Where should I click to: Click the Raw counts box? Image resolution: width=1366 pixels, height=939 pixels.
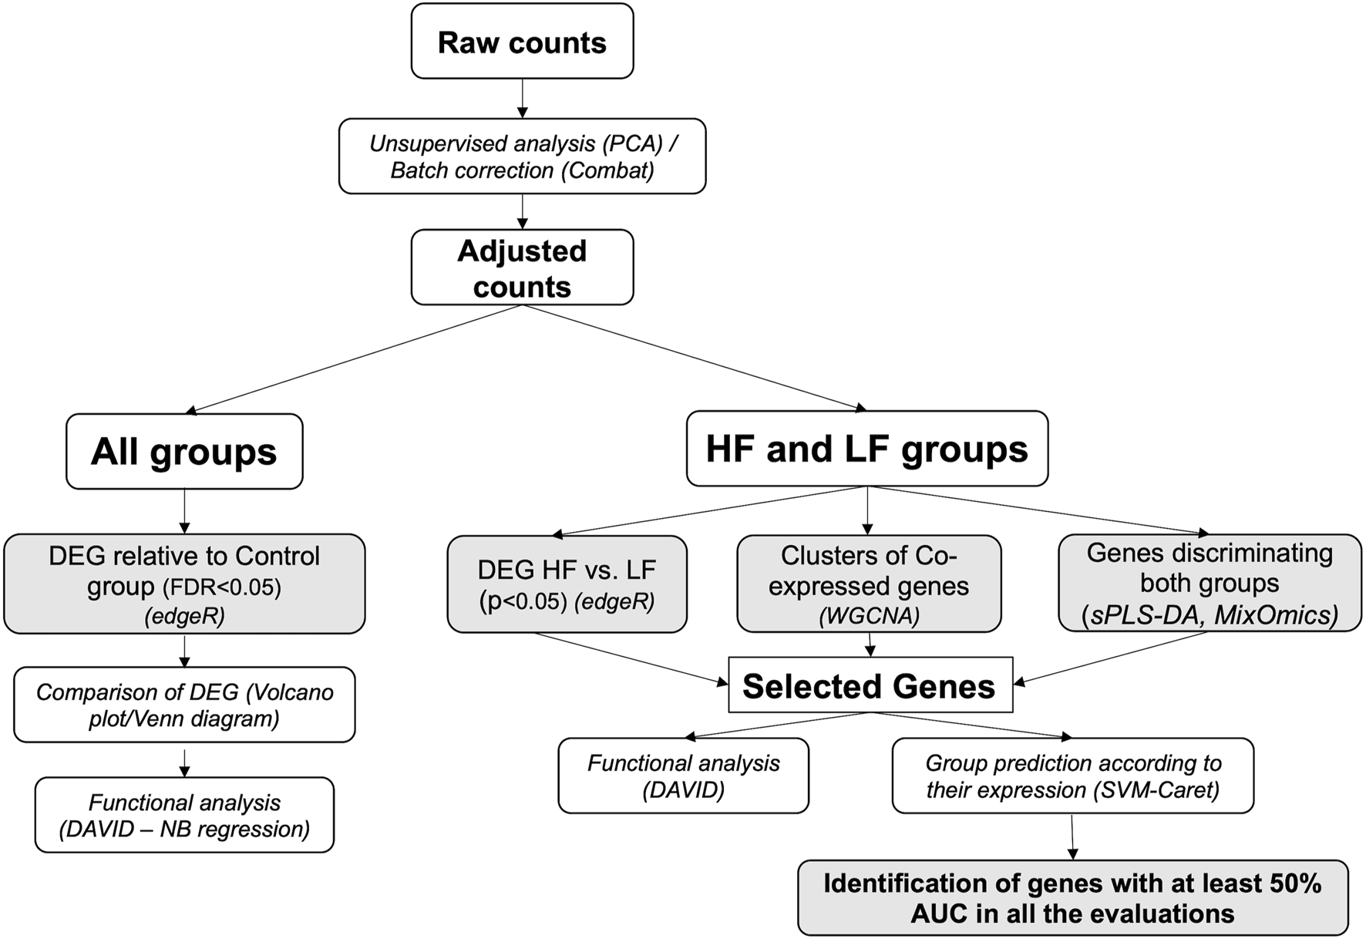coord(522,42)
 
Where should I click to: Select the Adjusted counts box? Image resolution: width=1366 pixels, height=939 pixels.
coord(522,268)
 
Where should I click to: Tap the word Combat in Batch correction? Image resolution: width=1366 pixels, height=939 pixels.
coord(607,170)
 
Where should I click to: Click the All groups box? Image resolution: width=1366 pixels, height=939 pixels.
coord(184,451)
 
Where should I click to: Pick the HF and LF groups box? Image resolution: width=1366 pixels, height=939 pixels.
coord(866,449)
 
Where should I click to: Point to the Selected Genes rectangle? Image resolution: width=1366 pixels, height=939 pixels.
coord(870,685)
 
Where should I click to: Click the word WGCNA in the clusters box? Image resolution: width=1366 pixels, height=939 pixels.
coord(869,617)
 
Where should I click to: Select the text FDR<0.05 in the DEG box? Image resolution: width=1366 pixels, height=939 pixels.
coord(222,588)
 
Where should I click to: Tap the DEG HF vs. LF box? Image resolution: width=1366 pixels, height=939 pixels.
coord(567,584)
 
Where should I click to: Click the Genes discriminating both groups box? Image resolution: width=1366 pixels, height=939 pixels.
coord(1210,583)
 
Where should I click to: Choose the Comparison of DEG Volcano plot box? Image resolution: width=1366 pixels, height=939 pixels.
coord(184,705)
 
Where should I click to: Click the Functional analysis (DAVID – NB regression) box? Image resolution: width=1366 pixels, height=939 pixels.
coord(184,815)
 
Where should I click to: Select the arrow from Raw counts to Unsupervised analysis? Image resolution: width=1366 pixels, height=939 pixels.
coord(523,98)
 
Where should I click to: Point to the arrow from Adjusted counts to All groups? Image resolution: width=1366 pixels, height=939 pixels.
coord(355,359)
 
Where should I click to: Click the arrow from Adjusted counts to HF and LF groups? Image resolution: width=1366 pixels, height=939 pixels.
coord(694,358)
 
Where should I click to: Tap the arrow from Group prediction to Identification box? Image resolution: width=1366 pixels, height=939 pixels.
coord(1072,836)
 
